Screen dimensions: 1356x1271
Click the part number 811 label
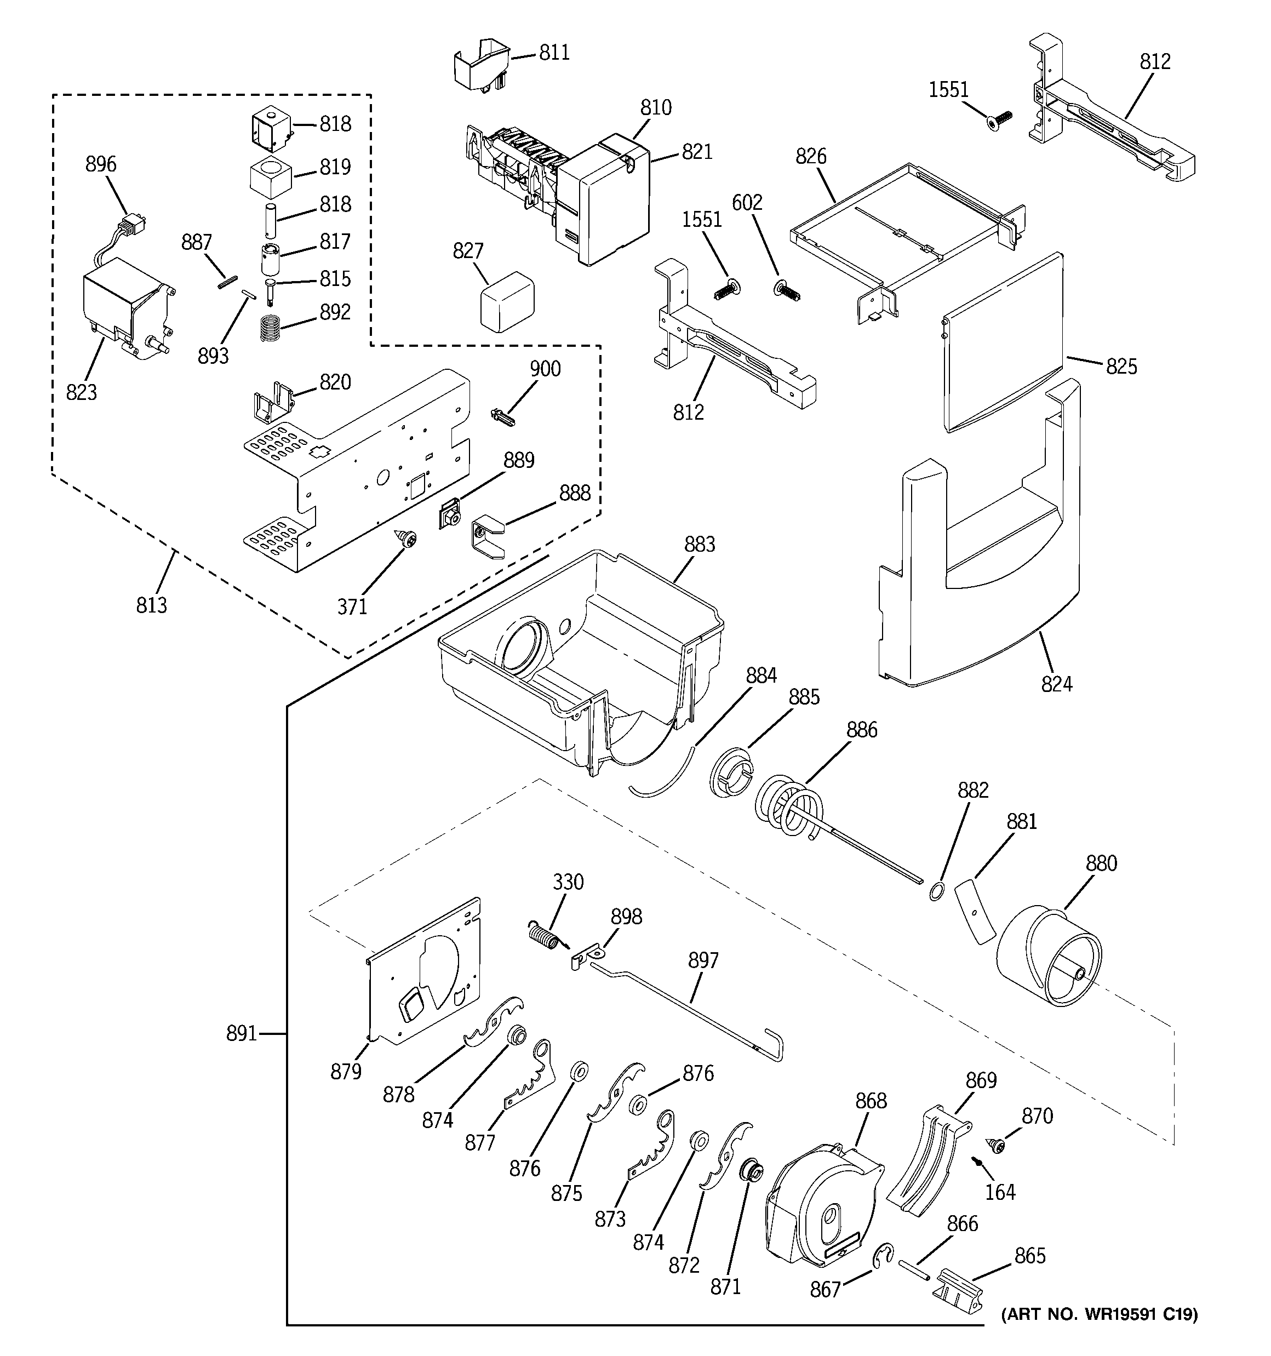pyautogui.click(x=554, y=53)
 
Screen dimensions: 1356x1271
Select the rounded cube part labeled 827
pyautogui.click(x=507, y=301)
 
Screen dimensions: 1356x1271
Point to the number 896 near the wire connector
pyautogui.click(x=101, y=164)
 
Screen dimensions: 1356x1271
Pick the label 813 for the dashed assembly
pyautogui.click(x=151, y=605)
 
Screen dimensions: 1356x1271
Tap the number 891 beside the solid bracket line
pyautogui.click(x=242, y=1034)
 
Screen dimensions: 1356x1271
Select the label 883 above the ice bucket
pyautogui.click(x=699, y=544)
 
